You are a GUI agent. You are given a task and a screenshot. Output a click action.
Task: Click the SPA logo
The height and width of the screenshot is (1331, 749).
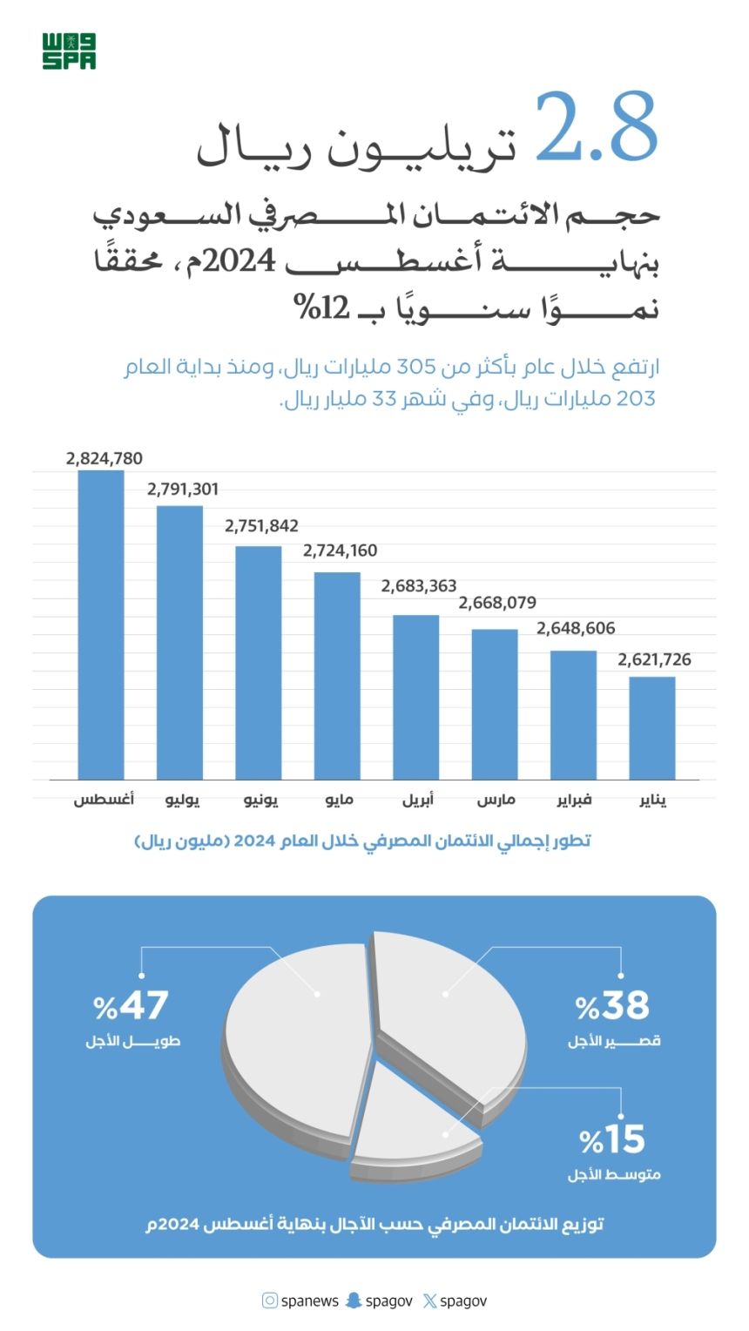point(69,51)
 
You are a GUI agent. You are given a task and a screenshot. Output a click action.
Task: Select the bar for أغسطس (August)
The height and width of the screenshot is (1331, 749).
point(101,625)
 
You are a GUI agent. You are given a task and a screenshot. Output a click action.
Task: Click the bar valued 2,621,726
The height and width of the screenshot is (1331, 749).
point(652,727)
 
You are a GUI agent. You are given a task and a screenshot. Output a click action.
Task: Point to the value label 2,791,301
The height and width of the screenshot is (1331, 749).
point(183,490)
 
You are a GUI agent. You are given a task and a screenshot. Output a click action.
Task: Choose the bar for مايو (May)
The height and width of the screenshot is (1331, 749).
point(337,675)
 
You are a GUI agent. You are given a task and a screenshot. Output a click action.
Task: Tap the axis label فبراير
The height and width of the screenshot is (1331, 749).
point(575,800)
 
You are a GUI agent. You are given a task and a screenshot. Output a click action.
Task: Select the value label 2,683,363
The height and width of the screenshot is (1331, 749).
point(419,586)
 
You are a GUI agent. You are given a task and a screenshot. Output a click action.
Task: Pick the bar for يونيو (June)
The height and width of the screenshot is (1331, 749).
point(259,662)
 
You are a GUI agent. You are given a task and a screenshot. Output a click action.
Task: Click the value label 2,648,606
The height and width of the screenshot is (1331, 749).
point(577,628)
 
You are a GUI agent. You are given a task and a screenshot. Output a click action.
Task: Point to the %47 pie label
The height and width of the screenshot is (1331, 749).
point(131,1006)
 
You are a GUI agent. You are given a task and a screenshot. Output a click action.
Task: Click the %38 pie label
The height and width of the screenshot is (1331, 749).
point(613,1006)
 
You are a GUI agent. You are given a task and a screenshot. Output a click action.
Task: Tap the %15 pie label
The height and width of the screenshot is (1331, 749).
point(613,1139)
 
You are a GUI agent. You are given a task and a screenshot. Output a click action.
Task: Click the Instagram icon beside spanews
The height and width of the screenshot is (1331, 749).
point(270,1301)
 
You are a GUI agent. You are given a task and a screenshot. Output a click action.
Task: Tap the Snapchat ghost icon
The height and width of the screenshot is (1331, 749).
point(353,1301)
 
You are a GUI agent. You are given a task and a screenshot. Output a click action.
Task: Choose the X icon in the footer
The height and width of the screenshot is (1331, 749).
point(429,1301)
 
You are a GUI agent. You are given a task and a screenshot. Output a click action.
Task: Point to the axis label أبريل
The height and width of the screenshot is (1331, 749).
point(418,800)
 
